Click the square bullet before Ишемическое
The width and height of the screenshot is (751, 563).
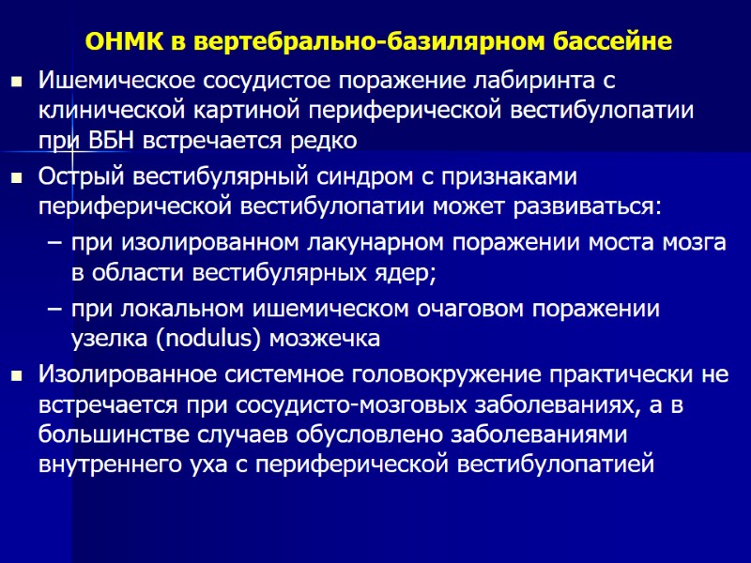point(16,84)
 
